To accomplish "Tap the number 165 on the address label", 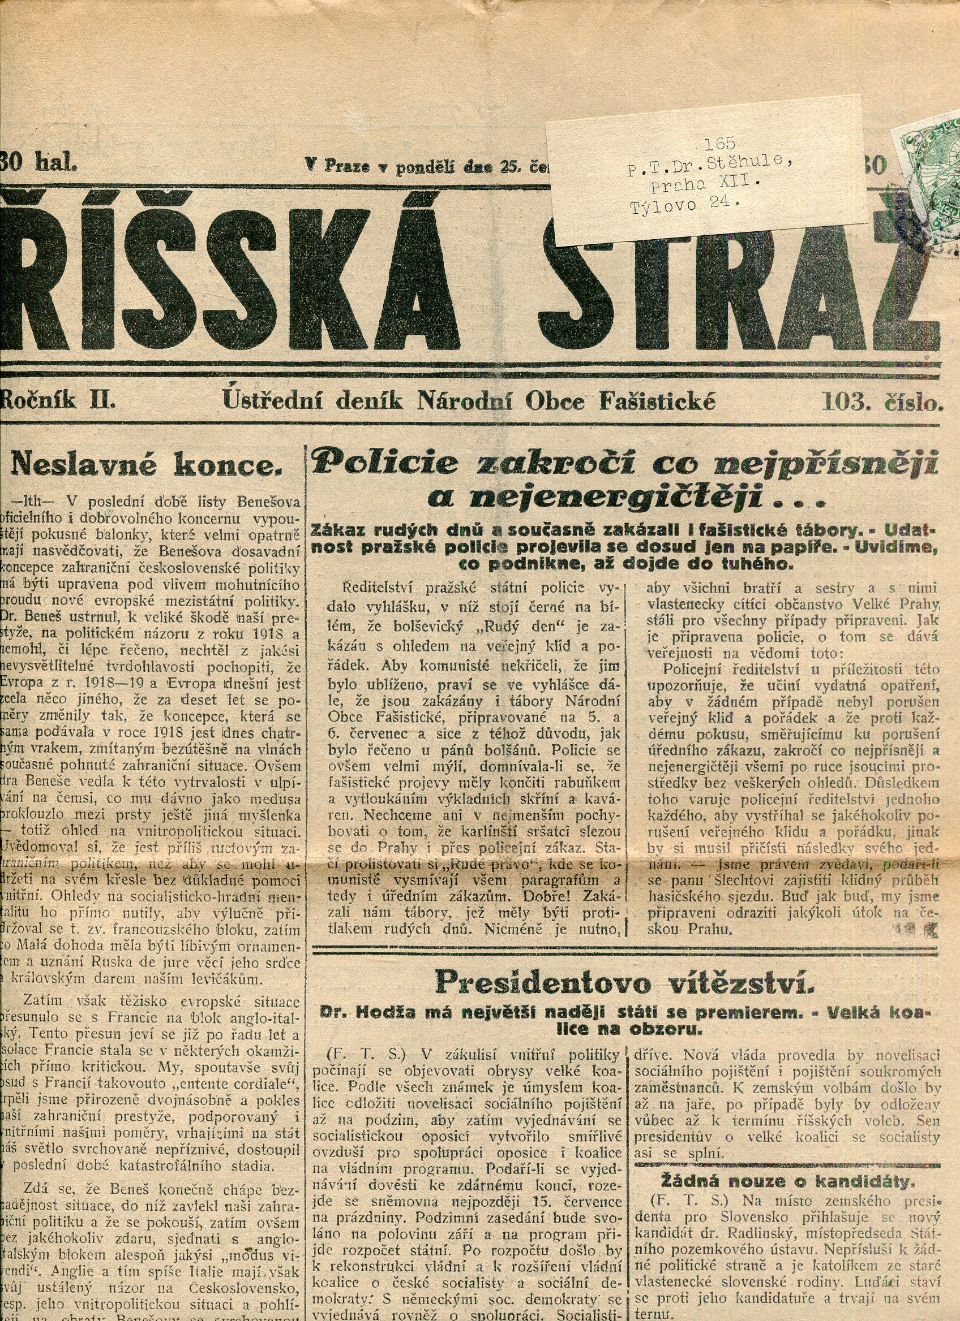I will (720, 143).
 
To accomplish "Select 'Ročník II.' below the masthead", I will (58, 401).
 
